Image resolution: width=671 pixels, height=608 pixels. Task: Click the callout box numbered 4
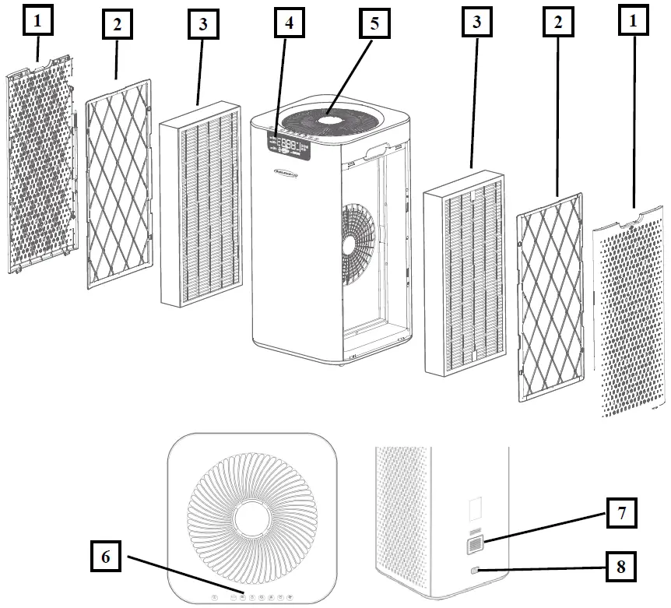(x=290, y=24)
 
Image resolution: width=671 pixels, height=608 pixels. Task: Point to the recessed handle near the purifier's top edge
(x=378, y=146)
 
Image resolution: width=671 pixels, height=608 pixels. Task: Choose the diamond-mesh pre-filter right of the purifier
(x=549, y=296)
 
